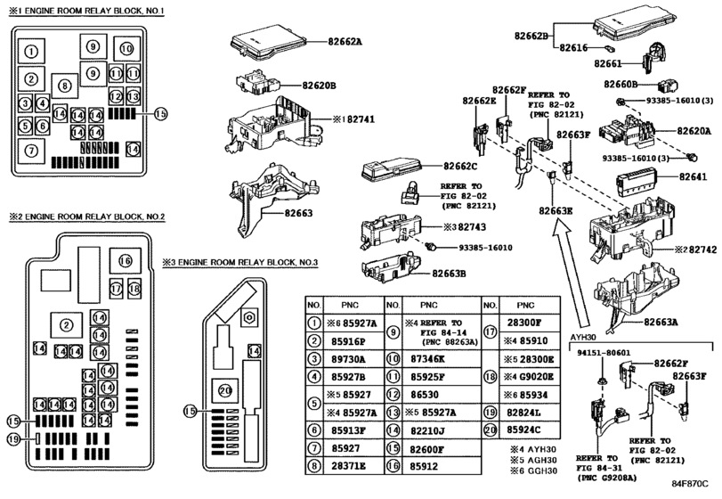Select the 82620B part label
point(317,86)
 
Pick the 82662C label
point(460,166)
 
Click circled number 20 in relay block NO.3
point(224,389)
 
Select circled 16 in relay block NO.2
point(125,260)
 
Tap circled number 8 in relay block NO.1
point(64,86)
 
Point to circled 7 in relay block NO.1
point(31,150)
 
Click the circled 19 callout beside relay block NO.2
point(13,438)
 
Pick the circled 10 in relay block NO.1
point(126,48)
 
